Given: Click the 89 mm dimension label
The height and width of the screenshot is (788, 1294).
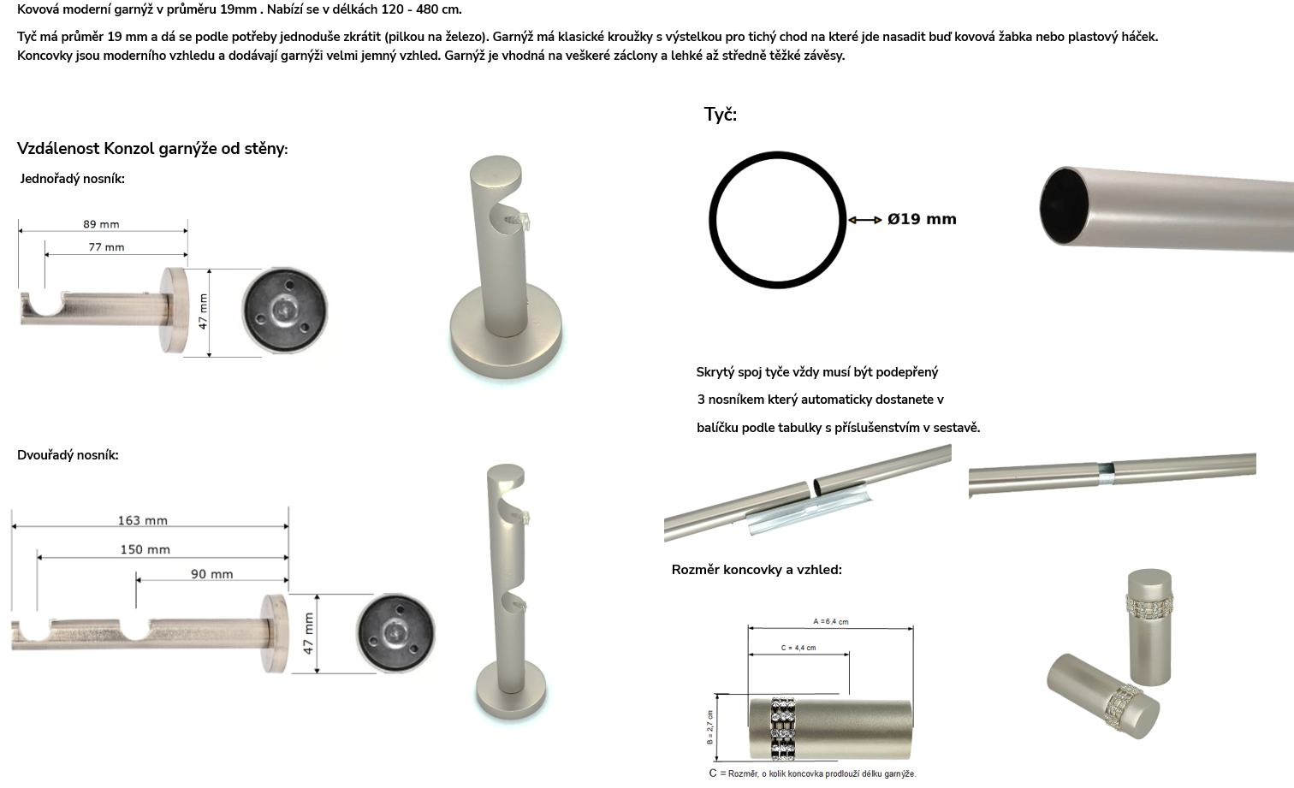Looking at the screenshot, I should coord(101,224).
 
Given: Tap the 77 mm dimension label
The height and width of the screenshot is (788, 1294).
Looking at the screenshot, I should coord(106,247).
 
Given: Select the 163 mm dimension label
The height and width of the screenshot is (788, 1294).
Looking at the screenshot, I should coord(142,520).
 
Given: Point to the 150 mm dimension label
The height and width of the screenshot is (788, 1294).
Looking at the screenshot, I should coord(145,549).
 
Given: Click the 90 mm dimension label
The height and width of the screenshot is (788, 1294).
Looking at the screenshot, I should coord(211,574).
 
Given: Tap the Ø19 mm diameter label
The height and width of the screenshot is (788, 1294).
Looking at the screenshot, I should coord(922,219).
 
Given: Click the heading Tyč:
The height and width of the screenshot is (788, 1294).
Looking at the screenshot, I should coord(720,115).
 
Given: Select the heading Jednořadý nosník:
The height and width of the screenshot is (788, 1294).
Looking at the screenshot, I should coord(73,179).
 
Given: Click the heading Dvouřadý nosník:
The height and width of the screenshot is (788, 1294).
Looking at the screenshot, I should coord(68,455).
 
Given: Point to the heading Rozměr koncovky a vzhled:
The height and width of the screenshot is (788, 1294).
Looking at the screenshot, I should coord(757,570).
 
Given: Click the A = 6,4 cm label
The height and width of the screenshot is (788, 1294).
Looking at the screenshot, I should coord(830,622).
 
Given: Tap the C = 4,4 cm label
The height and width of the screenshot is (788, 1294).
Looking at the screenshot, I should coord(798,648).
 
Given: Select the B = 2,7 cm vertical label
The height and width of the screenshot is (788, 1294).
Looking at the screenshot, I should coord(709,727).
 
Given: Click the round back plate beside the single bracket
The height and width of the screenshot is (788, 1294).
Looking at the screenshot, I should coord(285,311).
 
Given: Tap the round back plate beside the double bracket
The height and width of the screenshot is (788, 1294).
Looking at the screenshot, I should coord(396,633).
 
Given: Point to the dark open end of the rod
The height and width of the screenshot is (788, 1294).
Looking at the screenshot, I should coord(1064,206).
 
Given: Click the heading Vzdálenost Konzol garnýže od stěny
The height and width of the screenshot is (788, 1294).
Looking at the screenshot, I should coord(152,149).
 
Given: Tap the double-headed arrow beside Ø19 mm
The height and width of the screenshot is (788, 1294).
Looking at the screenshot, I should coord(864,220).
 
